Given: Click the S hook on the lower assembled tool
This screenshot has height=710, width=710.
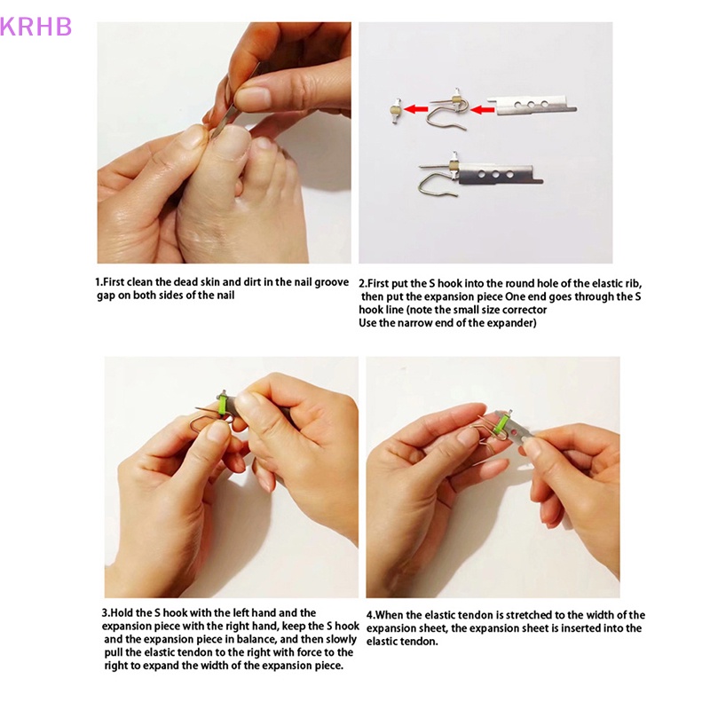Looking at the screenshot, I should click(x=435, y=185).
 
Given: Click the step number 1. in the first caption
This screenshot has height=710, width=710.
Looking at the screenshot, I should click(x=99, y=282).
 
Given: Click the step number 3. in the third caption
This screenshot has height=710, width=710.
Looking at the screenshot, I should click(x=106, y=612).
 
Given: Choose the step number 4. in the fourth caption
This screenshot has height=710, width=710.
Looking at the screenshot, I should click(x=371, y=615).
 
